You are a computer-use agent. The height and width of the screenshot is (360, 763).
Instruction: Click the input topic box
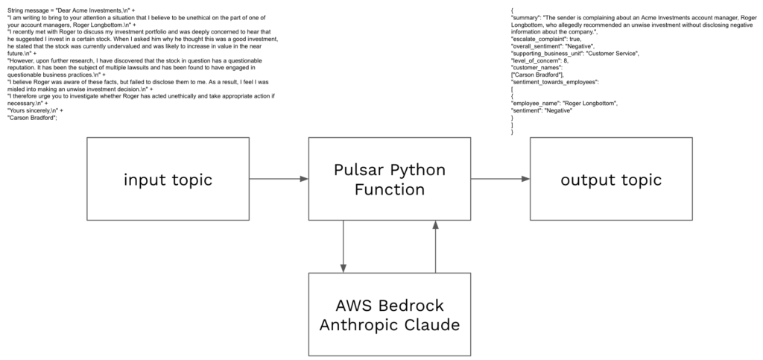169,179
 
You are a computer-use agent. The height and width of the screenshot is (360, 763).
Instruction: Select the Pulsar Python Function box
390,179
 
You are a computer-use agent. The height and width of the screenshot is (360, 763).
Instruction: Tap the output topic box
610,179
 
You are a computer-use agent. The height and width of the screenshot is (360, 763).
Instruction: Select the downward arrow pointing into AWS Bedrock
343,247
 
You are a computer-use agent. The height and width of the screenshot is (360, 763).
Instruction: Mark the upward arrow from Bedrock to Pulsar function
435,247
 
